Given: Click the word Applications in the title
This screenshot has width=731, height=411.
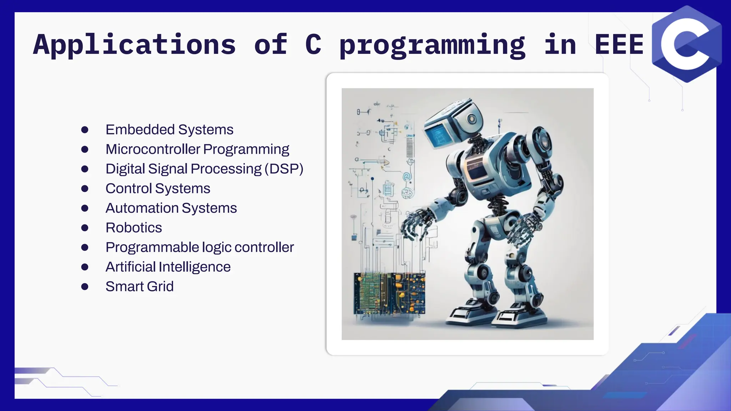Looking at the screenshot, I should [x=135, y=45].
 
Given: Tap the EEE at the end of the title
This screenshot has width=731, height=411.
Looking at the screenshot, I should [x=619, y=45].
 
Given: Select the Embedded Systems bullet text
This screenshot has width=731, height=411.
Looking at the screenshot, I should [x=169, y=130].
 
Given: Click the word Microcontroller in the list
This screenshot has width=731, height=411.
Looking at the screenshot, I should [x=153, y=149].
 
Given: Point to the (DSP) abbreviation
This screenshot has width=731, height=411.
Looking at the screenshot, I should [x=284, y=169].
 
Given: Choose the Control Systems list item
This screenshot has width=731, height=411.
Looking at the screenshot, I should [x=158, y=188].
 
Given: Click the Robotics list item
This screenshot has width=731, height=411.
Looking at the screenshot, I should [x=133, y=228].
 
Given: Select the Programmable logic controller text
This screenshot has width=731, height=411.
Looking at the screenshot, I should [x=200, y=247].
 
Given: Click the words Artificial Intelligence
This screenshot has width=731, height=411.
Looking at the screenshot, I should [x=168, y=267].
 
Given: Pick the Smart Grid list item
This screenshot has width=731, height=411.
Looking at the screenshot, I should [x=139, y=286].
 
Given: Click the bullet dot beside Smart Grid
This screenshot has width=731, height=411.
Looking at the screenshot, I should [x=85, y=286].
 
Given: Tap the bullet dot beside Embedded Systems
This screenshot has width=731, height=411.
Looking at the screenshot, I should [x=85, y=130].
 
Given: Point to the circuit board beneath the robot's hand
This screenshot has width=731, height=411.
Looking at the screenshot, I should [x=389, y=294].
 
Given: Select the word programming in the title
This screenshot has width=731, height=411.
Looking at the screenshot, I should [x=432, y=45].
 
